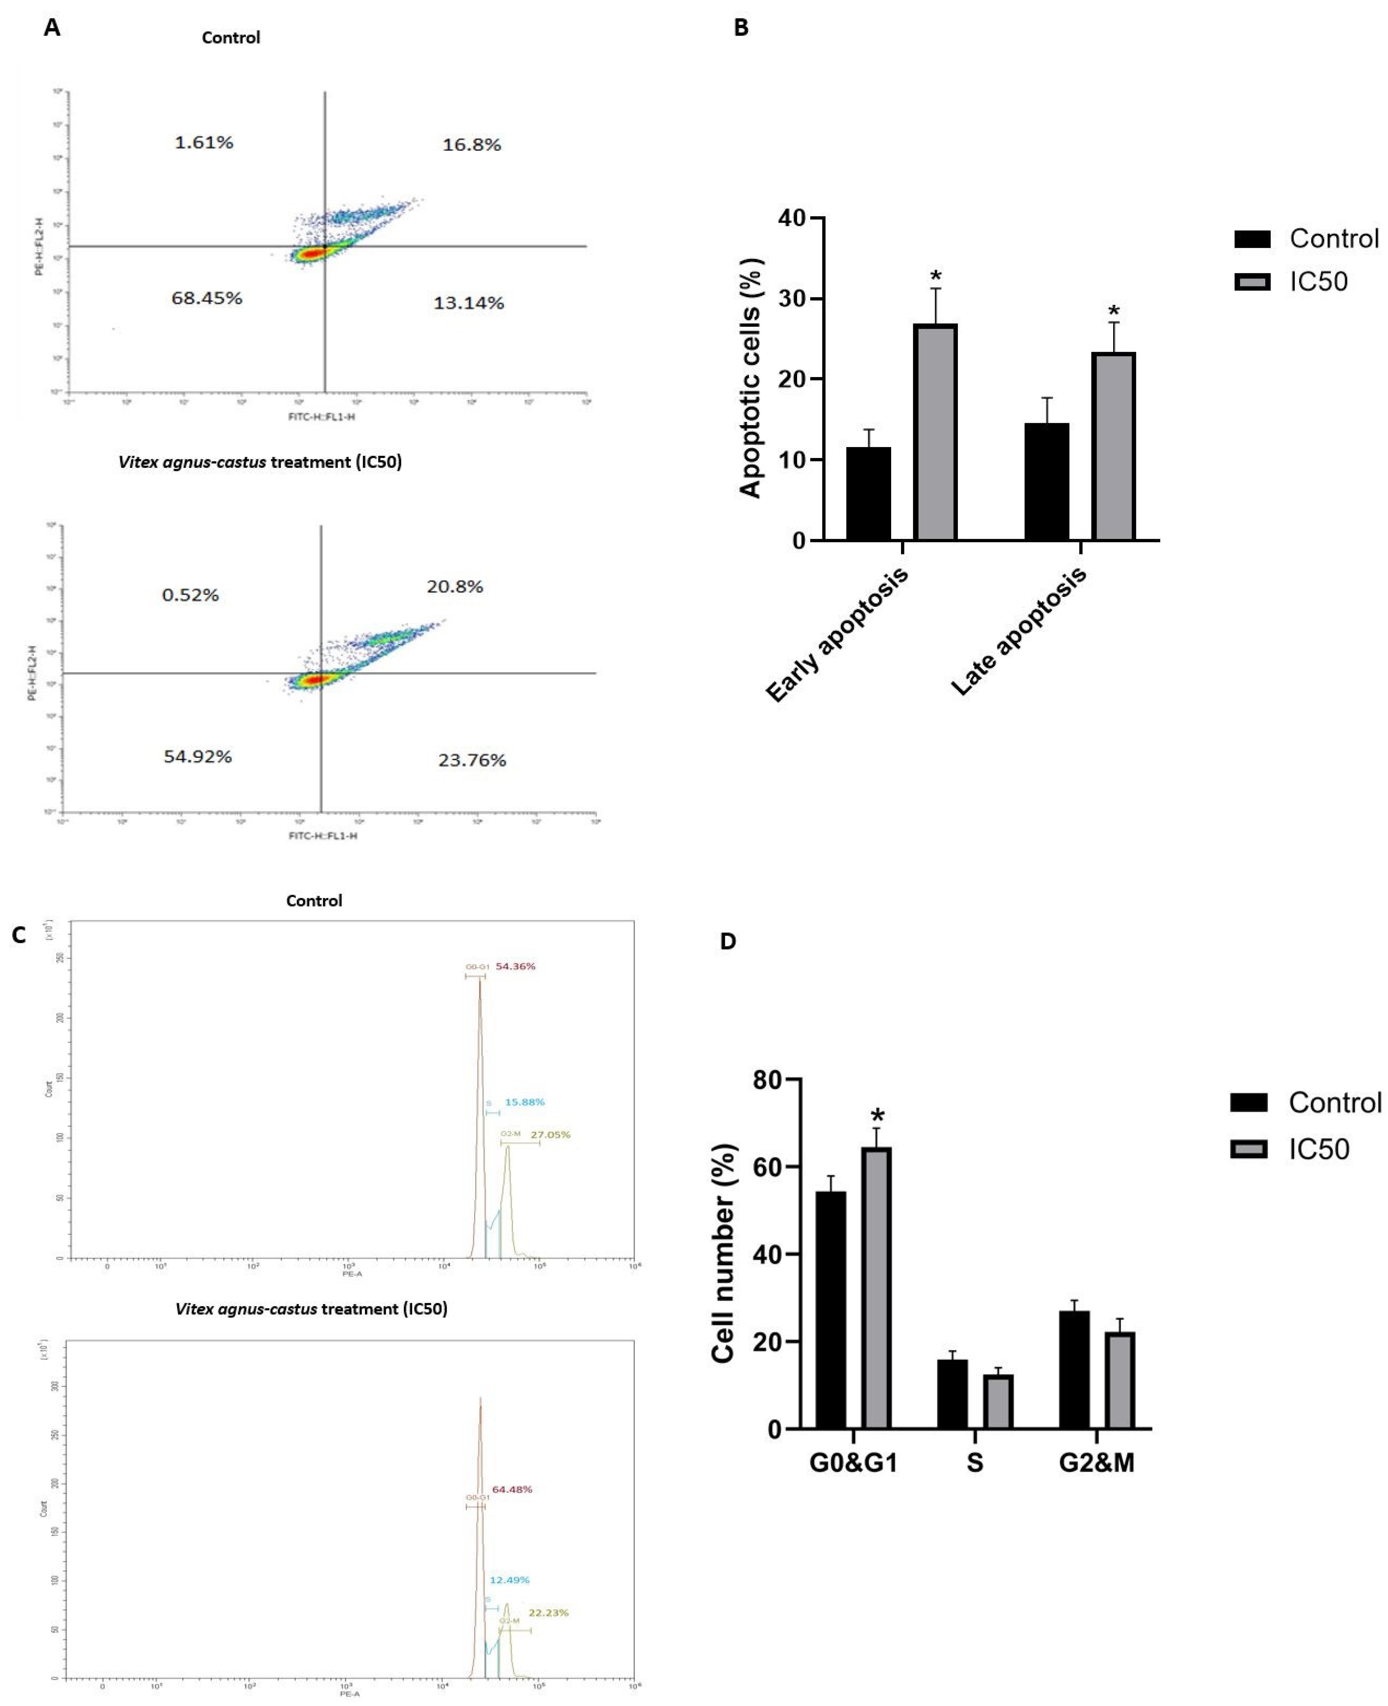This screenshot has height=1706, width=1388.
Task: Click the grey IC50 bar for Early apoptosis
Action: coord(935,432)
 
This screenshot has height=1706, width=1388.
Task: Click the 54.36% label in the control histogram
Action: coord(516,967)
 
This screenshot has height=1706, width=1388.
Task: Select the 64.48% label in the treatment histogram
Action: coord(512,1489)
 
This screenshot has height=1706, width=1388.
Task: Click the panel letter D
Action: coord(728,941)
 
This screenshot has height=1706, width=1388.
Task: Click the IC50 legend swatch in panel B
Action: coord(1252,281)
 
